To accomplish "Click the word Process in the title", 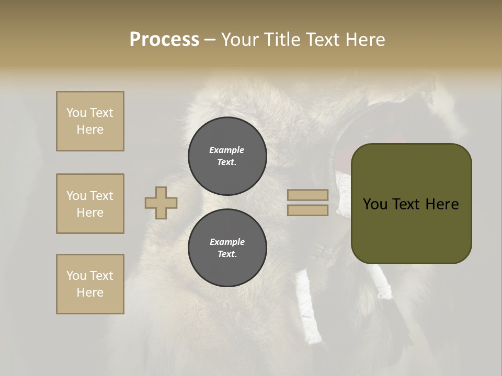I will [164, 40].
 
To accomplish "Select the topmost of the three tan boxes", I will [90, 121].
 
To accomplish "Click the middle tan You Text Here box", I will [90, 204].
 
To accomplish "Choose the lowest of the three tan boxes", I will [90, 284].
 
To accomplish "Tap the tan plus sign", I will [161, 203].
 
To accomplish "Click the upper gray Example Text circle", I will [227, 156].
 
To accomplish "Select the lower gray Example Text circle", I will [227, 248].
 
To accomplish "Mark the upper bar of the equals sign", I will [307, 195].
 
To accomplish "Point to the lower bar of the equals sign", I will [307, 210].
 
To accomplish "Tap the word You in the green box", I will [375, 204].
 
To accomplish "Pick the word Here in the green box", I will [442, 204].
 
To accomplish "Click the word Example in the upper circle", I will [227, 150].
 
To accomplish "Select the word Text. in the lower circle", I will [227, 254].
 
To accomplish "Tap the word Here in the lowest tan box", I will [90, 292].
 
